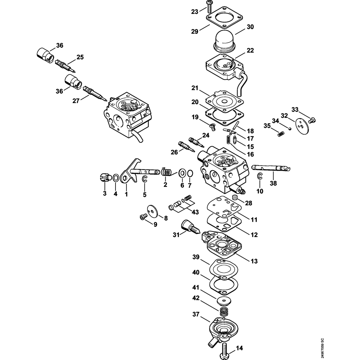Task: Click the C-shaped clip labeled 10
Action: point(260,176)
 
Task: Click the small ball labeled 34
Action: point(290,128)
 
